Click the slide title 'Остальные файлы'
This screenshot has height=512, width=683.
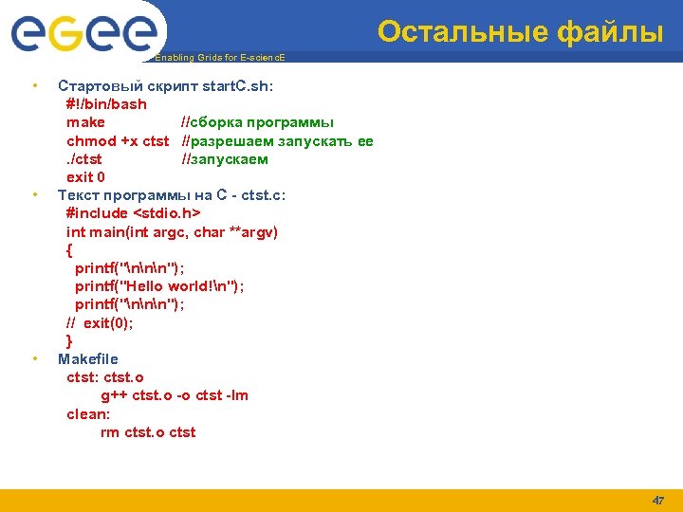[x=520, y=32]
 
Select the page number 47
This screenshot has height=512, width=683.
[x=658, y=500]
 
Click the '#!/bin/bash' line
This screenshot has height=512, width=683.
[x=106, y=104]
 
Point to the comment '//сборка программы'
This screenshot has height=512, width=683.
[x=257, y=122]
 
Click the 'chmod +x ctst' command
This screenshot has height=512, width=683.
[x=117, y=141]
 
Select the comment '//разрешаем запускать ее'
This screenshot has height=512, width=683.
[x=277, y=141]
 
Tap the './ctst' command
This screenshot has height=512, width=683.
[x=83, y=159]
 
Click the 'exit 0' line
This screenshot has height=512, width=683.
[x=85, y=177]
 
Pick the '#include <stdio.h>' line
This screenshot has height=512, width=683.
[x=133, y=213]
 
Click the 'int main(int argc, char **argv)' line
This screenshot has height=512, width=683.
[x=172, y=231]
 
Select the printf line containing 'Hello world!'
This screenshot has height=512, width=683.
[x=159, y=286]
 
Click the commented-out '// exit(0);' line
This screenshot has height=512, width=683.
[x=100, y=322]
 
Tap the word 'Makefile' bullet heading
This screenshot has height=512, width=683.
[x=88, y=359]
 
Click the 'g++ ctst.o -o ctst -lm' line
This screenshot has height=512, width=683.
[x=175, y=395]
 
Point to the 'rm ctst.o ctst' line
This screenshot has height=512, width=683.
[x=148, y=432]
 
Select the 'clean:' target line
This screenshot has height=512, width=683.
[x=88, y=414]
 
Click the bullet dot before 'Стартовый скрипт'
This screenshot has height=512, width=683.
[x=34, y=86]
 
